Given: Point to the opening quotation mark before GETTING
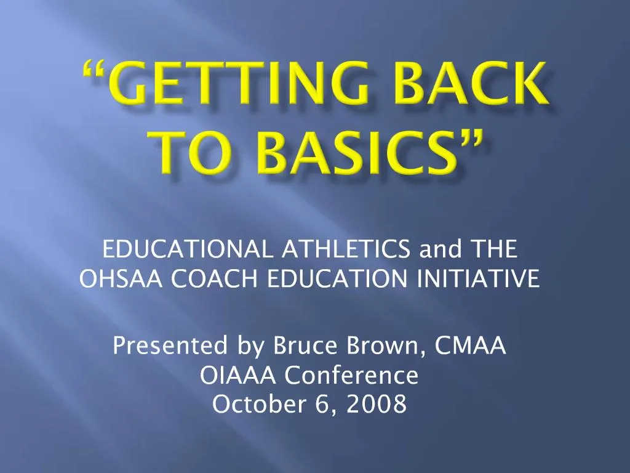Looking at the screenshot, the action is (94, 69).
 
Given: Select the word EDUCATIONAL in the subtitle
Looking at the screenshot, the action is (188, 249).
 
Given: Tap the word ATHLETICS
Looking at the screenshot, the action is (346, 249).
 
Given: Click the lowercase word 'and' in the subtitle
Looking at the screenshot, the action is (441, 249).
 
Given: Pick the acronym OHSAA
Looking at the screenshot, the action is (121, 278).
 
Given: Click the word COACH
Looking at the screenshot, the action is (214, 278).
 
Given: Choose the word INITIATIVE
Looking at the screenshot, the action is (478, 278).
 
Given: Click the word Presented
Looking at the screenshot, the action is (170, 346).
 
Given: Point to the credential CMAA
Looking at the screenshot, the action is (469, 346).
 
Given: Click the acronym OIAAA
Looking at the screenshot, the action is (238, 375).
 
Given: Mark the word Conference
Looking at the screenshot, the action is (351, 375).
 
